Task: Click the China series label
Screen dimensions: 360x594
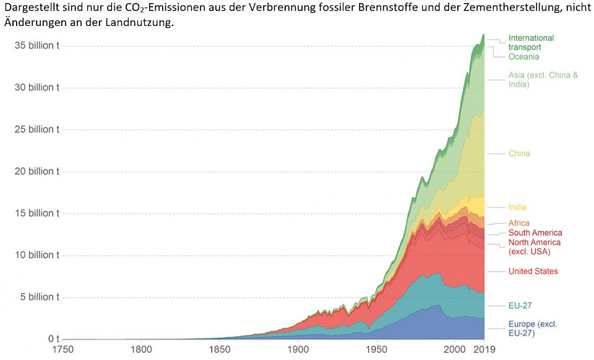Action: click(x=519, y=153)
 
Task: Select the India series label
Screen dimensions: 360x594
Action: click(x=517, y=207)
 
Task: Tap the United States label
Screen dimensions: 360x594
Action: click(x=533, y=271)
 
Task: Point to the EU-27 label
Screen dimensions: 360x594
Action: click(x=520, y=306)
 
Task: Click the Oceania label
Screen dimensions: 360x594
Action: click(x=523, y=57)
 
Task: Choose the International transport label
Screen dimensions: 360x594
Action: click(x=531, y=42)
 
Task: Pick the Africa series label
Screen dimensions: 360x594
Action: click(x=519, y=223)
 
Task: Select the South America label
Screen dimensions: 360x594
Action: click(x=535, y=233)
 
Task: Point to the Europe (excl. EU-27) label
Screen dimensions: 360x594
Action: click(x=532, y=328)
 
